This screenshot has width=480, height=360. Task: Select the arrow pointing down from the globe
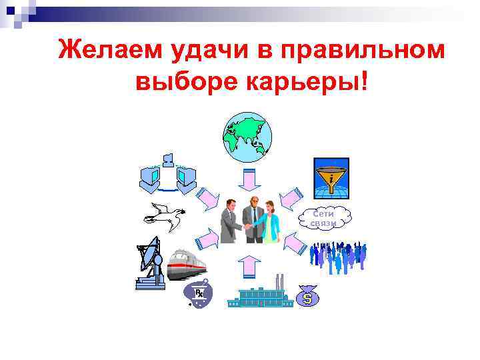[249, 178]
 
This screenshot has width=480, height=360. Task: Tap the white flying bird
[163, 215]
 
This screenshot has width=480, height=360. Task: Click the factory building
[260, 293]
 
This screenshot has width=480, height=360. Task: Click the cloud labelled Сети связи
[328, 217]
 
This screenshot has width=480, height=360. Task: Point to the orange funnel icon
[330, 178]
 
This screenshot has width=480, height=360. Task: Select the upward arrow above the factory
[248, 264]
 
